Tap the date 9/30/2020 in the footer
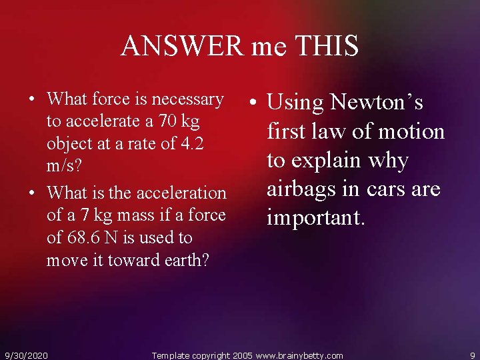[26, 355]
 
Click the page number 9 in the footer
[472, 355]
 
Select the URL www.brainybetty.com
[299, 355]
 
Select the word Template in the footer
[171, 355]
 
